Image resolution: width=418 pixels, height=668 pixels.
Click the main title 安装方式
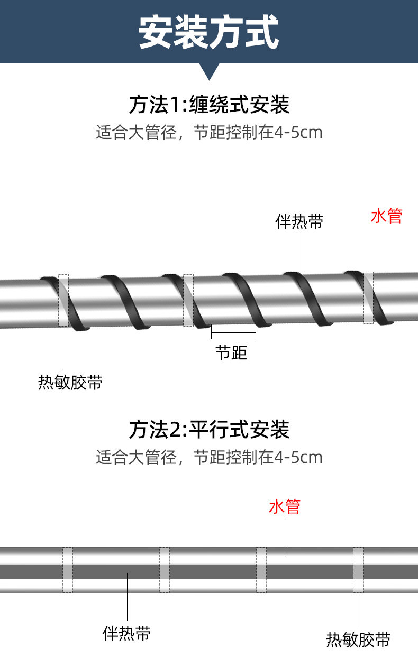pyautogui.click(x=209, y=33)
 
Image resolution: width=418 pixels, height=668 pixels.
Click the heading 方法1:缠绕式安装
pyautogui.click(x=209, y=105)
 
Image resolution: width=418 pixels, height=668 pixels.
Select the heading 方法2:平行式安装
pyautogui.click(x=209, y=429)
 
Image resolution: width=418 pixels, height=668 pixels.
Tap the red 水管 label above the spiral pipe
pyautogui.click(x=387, y=216)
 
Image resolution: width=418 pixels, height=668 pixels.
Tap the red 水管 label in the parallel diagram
pyautogui.click(x=285, y=506)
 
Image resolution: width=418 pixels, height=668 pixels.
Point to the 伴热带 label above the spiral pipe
pyautogui.click(x=299, y=221)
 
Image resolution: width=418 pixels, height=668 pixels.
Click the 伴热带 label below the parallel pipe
pyautogui.click(x=126, y=633)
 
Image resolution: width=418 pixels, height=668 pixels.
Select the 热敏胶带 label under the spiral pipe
pyautogui.click(x=70, y=382)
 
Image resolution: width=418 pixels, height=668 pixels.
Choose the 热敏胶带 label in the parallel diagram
pyautogui.click(x=358, y=640)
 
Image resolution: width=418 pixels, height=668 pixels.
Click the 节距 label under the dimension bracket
pyautogui.click(x=231, y=352)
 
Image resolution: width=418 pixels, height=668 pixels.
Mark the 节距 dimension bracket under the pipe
pyautogui.click(x=233, y=332)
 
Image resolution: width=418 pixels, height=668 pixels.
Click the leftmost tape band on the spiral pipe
pyautogui.click(x=63, y=300)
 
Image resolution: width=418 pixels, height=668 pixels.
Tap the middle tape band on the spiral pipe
pyautogui.click(x=188, y=300)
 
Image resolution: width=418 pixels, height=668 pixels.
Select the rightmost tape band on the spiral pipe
pyautogui.click(x=368, y=298)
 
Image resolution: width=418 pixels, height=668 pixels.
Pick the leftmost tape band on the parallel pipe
pyautogui.click(x=68, y=570)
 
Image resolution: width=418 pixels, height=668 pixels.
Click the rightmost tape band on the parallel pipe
pyautogui.click(x=358, y=570)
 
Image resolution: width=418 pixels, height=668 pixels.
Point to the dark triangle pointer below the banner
pyautogui.click(x=209, y=71)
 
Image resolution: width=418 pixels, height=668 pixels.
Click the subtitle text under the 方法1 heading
pyautogui.click(x=209, y=132)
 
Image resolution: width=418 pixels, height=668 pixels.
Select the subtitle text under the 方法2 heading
pyautogui.click(x=209, y=457)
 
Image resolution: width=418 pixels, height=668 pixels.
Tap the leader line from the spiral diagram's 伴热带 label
pyautogui.click(x=299, y=253)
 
